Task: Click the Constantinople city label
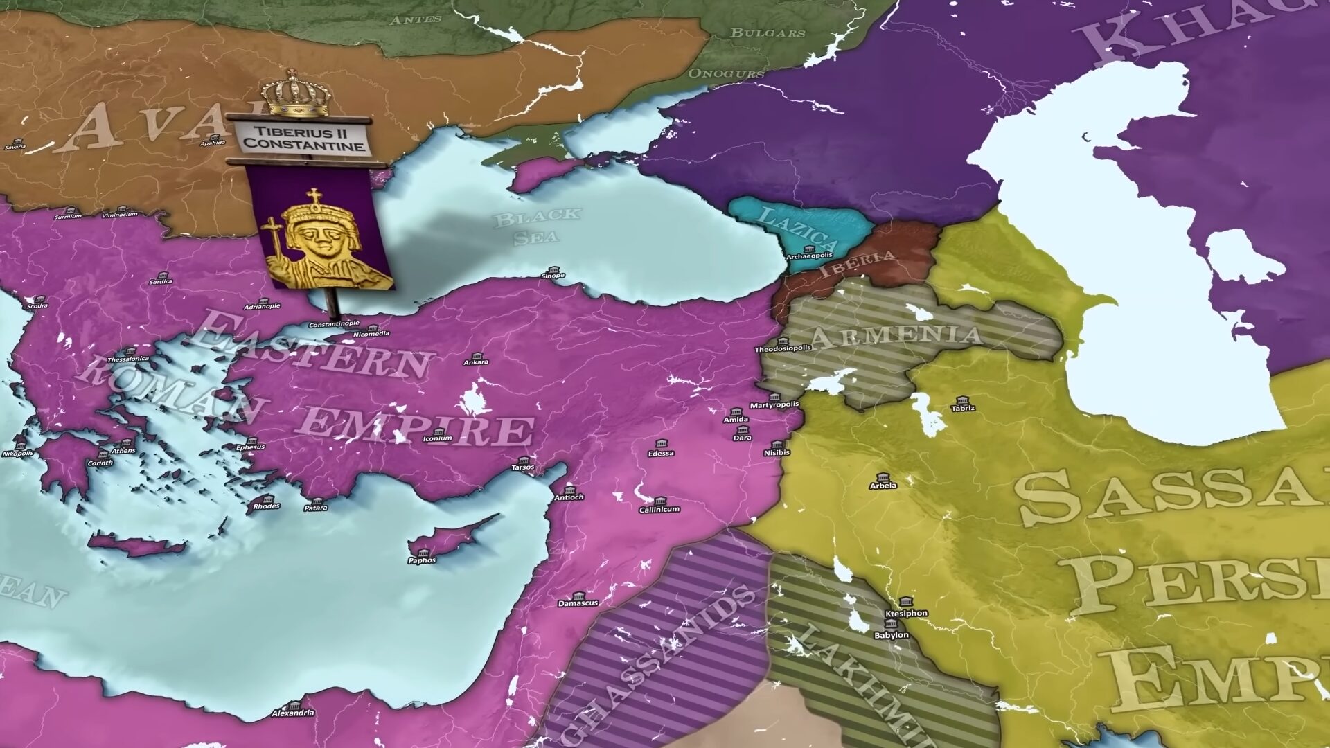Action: (334, 323)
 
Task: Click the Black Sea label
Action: (536, 226)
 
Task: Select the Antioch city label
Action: (569, 497)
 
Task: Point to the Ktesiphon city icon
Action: (905, 602)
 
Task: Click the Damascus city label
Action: (578, 603)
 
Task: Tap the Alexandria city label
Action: (293, 713)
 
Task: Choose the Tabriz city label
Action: (963, 408)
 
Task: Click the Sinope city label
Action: (553, 276)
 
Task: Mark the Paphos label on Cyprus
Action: (422, 560)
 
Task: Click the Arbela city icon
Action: (883, 477)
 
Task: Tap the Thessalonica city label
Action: (128, 359)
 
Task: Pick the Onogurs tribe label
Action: (726, 73)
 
